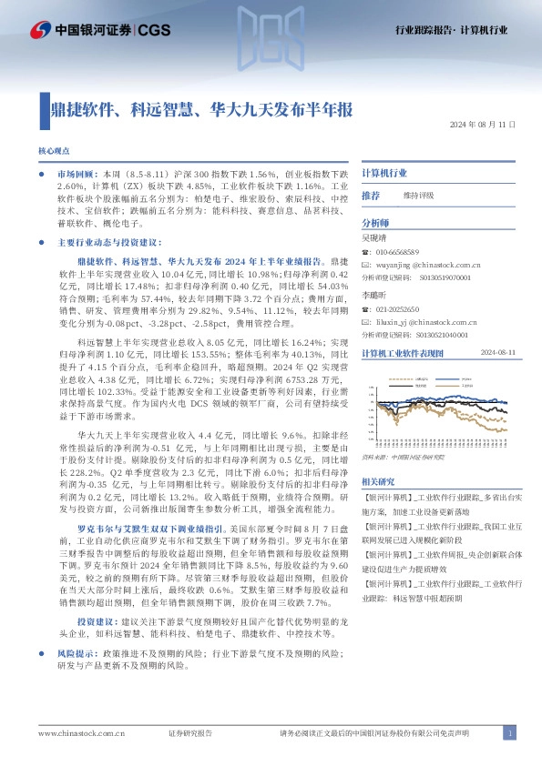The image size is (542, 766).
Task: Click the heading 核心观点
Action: (x=53, y=148)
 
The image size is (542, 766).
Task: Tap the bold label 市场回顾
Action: (x=75, y=172)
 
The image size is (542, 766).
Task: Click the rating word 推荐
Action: (x=371, y=196)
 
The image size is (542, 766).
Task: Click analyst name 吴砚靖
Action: (x=375, y=237)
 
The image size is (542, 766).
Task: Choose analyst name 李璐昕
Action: (x=375, y=297)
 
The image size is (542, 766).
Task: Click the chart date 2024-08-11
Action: (x=497, y=352)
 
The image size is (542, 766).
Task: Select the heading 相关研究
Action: (x=378, y=480)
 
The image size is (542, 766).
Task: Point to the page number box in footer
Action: (x=510, y=733)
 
